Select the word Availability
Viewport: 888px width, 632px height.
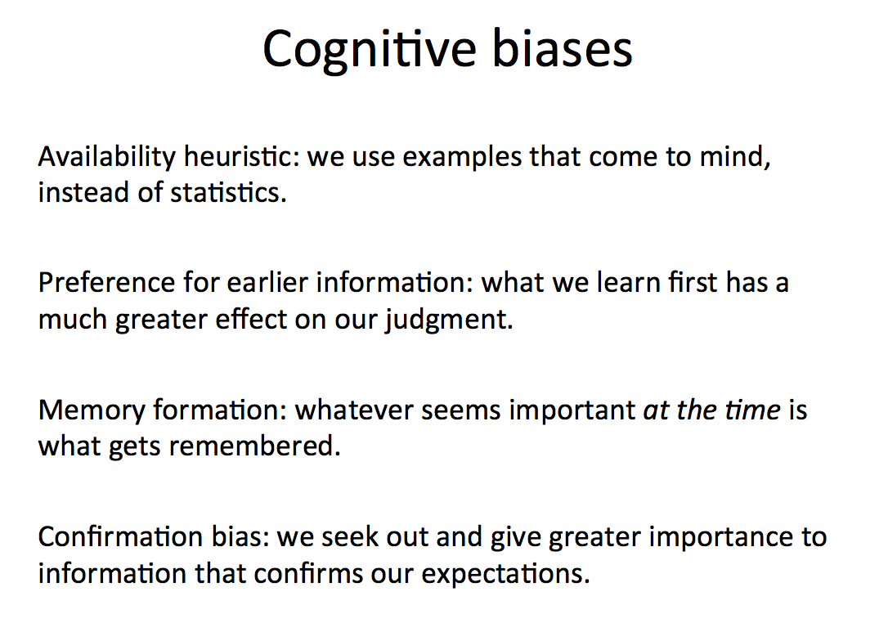point(107,158)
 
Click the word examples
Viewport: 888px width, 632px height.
point(462,158)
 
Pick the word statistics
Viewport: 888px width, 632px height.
point(228,192)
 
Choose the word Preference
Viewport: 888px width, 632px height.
point(106,282)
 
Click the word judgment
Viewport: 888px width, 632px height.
point(450,320)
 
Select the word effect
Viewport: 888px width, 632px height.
point(252,319)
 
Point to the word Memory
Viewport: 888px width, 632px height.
point(92,410)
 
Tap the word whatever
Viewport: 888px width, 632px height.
point(354,410)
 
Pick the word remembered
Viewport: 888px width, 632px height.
point(255,446)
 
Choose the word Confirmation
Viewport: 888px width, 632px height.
point(121,537)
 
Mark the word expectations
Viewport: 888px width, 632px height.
point(505,574)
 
